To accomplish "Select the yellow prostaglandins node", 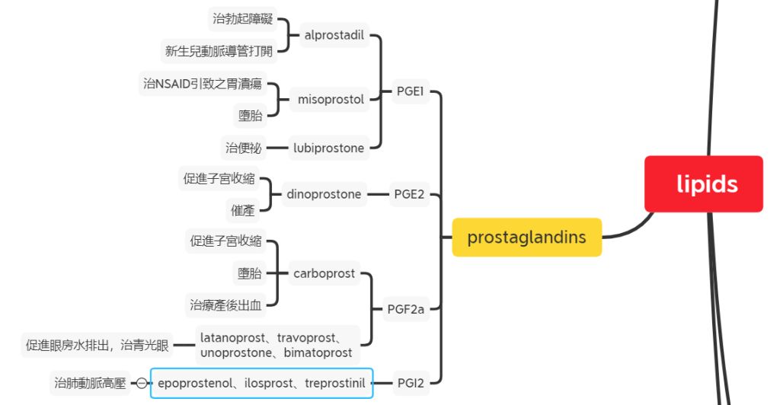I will coord(526,237).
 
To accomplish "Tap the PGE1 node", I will coord(410,91).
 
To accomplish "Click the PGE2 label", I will coord(410,194).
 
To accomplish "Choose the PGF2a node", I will coord(405,308).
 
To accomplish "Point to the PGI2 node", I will coord(410,383).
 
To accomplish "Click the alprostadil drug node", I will coord(334,35).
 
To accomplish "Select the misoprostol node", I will coord(331,99).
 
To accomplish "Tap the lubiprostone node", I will coord(328,148).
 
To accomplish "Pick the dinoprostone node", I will coord(324,194).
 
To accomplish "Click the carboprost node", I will coord(324,273).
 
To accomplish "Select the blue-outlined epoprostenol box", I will coord(261,383).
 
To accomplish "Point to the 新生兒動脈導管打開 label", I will coord(218,51).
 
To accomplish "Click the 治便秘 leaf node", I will coord(243,148).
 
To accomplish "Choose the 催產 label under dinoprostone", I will coord(243,210).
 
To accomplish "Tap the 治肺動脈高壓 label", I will coord(90,383).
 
